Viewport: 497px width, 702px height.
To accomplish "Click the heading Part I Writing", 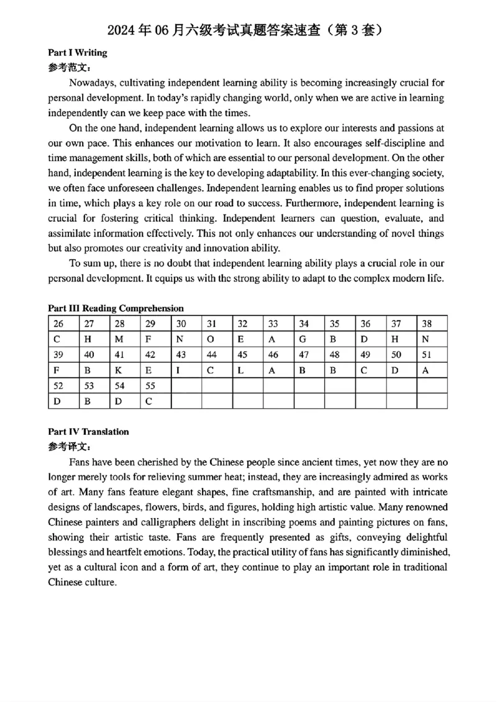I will (x=78, y=53).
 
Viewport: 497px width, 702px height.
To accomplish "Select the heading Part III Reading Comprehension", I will (x=116, y=308).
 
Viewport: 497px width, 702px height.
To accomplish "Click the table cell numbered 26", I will (x=59, y=324).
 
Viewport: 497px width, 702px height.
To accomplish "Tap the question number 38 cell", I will (x=426, y=324).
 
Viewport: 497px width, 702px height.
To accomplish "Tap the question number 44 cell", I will (x=211, y=355).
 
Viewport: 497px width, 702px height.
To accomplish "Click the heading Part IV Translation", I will (x=88, y=432).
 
